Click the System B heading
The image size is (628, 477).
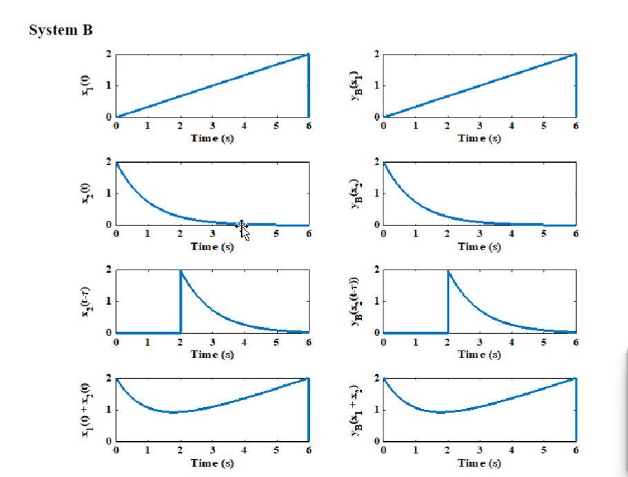pyautogui.click(x=61, y=30)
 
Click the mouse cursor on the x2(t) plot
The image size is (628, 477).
pyautogui.click(x=242, y=227)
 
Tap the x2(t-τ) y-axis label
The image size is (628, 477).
pyautogui.click(x=86, y=301)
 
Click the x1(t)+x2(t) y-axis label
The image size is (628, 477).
pyautogui.click(x=86, y=409)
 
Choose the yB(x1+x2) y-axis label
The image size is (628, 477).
pyautogui.click(x=354, y=409)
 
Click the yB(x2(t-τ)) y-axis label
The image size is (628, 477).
pyautogui.click(x=354, y=301)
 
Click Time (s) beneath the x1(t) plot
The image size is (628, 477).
pyautogui.click(x=212, y=138)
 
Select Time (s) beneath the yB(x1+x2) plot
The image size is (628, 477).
pyautogui.click(x=479, y=462)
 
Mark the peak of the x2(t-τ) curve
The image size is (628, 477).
pyautogui.click(x=181, y=271)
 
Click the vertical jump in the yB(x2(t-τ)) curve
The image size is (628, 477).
pyautogui.click(x=448, y=302)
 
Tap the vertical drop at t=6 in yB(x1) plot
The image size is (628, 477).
pyautogui.click(x=575, y=86)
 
